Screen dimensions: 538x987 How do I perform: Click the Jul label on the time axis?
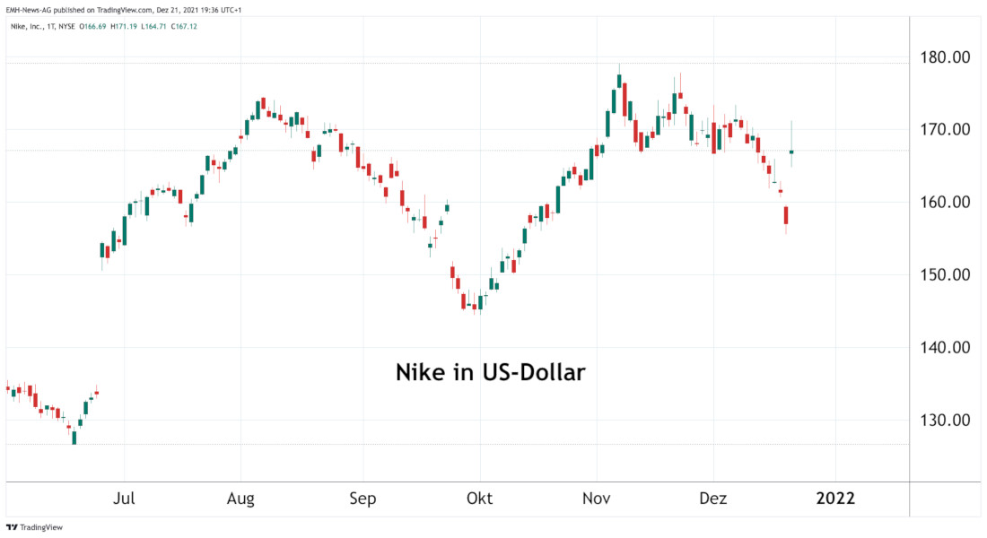[125, 498]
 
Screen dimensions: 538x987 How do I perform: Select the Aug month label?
[241, 498]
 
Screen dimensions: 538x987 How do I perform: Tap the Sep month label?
[363, 498]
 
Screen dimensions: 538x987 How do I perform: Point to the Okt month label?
[480, 498]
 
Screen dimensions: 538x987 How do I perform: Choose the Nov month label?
[597, 498]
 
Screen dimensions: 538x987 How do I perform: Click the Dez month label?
[713, 498]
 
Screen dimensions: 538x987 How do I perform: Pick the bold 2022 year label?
[835, 498]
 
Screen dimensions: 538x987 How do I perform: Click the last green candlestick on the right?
[791, 152]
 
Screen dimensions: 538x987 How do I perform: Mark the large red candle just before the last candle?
[786, 215]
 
